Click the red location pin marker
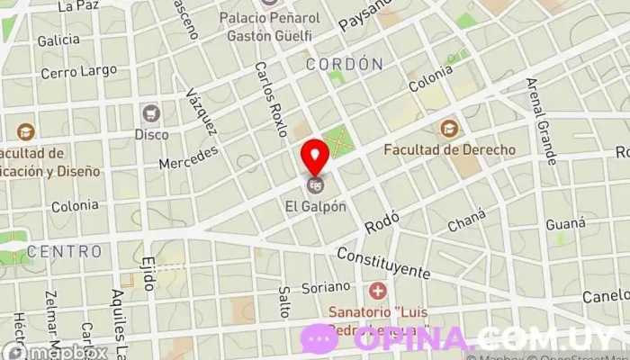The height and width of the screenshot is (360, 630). click(x=315, y=157)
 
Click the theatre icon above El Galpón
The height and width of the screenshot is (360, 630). click(x=314, y=186)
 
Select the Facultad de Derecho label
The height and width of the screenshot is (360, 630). click(x=449, y=149)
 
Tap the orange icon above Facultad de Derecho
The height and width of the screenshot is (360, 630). click(x=448, y=129)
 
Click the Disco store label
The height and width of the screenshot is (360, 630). click(x=151, y=134)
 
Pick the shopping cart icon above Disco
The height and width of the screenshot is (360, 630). click(x=150, y=113)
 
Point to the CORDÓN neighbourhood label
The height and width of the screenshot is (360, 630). click(x=344, y=65)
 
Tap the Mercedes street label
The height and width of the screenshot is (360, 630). click(x=187, y=157)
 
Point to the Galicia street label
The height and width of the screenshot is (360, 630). click(x=58, y=40)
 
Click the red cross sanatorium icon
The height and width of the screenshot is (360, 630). click(x=377, y=292)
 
